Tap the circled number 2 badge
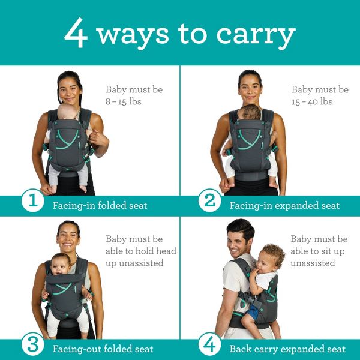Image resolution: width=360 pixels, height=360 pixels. pyautogui.click(x=209, y=202)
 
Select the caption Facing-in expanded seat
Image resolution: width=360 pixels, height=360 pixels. pyautogui.click(x=284, y=205)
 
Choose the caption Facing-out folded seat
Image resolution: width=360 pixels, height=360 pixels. pyautogui.click(x=103, y=349)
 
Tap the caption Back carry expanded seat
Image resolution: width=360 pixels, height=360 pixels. pyautogui.click(x=287, y=349)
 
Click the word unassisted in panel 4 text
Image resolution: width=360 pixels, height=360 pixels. pyautogui.click(x=313, y=263)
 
